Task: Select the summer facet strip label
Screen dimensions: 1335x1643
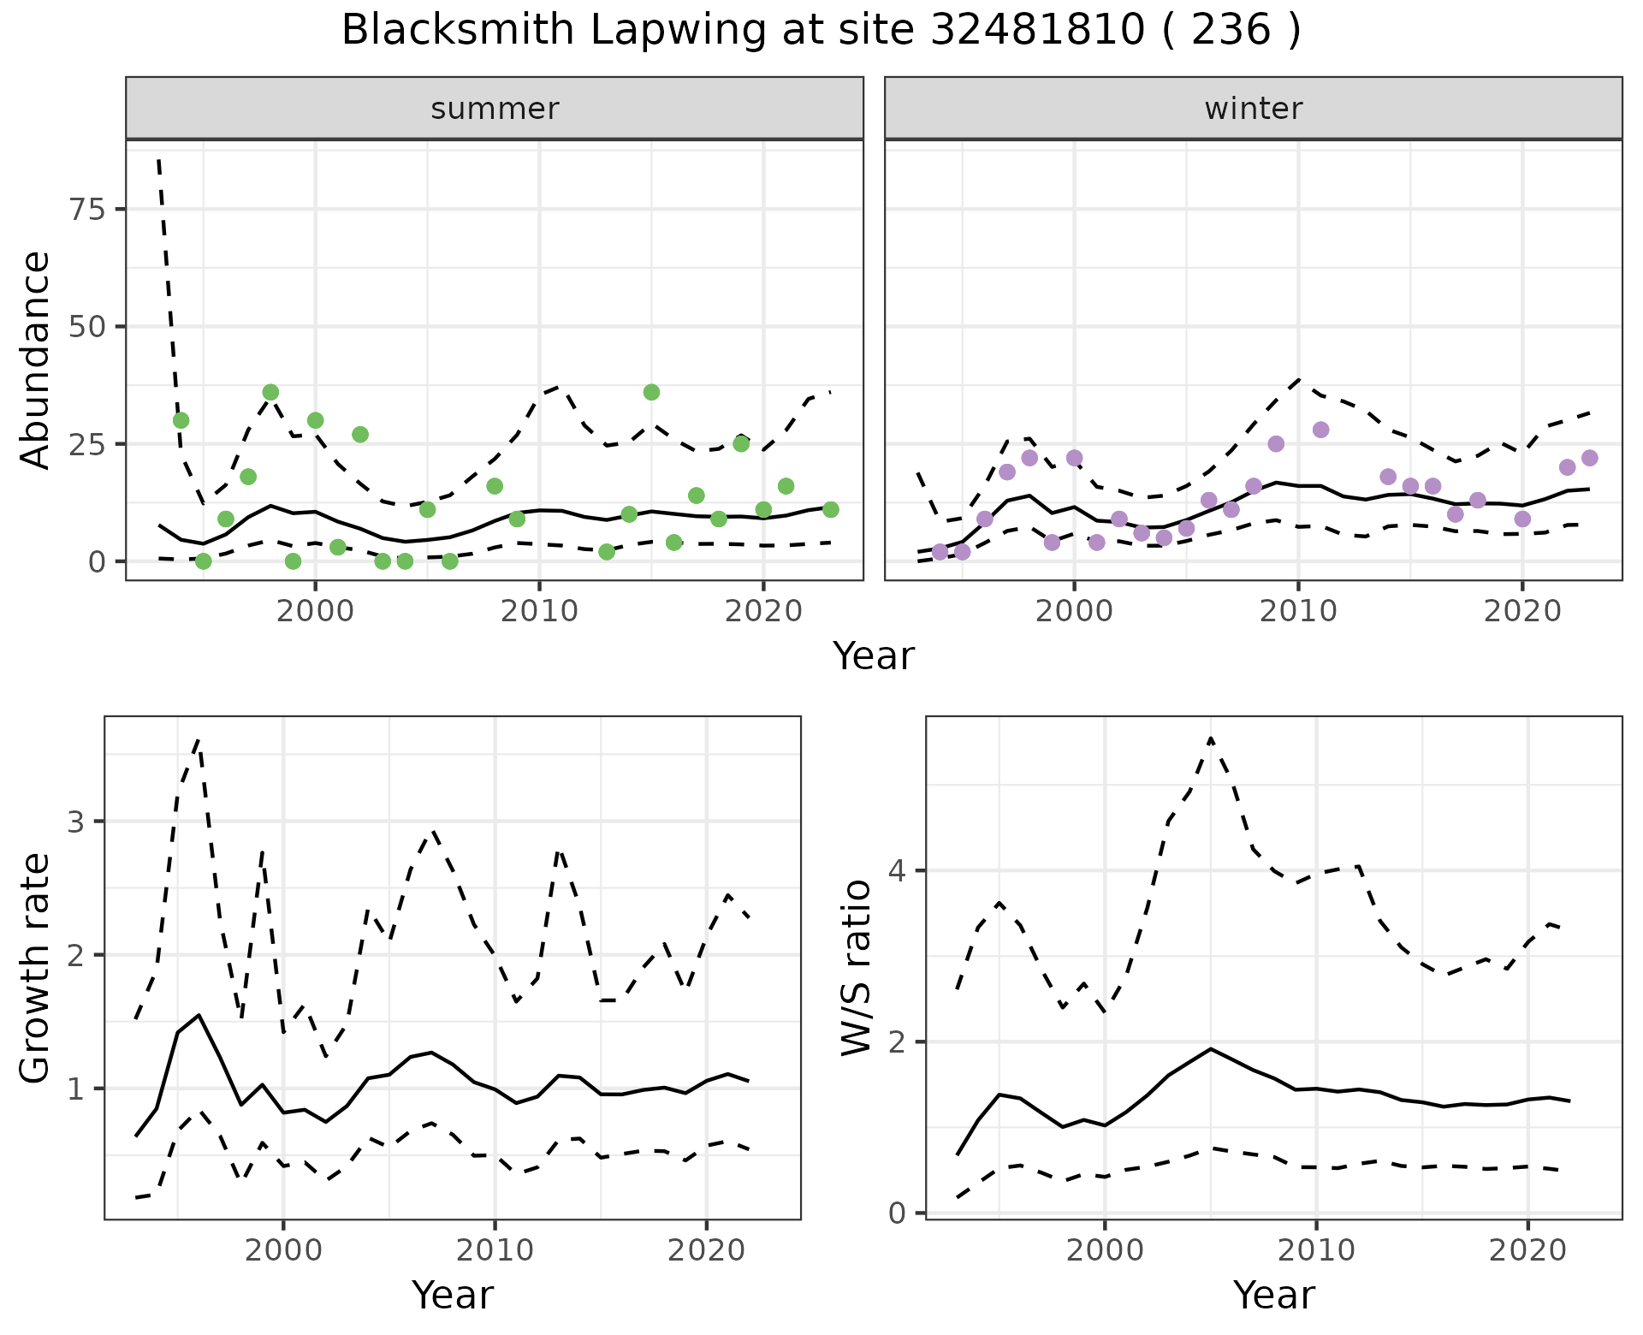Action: [x=495, y=109]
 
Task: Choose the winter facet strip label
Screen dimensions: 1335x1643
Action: [x=1253, y=109]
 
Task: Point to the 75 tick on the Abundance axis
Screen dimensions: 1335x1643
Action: [x=86, y=210]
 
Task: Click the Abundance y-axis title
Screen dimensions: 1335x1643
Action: [x=36, y=359]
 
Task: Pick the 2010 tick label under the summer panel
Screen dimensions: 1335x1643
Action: [x=539, y=612]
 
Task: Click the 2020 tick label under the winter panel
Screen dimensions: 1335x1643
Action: [x=1522, y=612]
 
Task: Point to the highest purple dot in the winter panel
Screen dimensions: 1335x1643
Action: [x=1320, y=430]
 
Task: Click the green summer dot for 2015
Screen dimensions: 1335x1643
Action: [x=651, y=392]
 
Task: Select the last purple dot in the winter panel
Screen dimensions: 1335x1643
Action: [x=1589, y=458]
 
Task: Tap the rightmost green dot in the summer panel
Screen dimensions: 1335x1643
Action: [x=830, y=509]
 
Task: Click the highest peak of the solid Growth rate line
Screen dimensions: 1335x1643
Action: [x=199, y=1015]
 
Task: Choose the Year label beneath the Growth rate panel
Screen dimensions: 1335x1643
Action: [x=453, y=1295]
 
